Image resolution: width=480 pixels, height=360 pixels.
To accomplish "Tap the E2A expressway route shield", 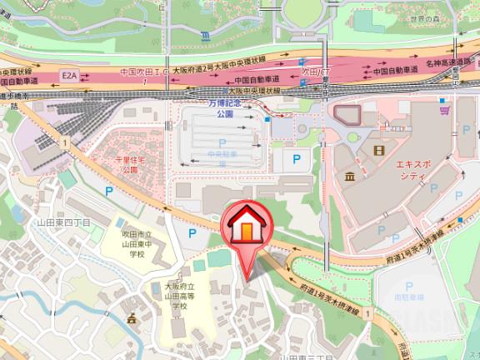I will pyautogui.click(x=70, y=75).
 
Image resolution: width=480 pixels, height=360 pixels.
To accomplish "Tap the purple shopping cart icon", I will pyautogui.click(x=446, y=108).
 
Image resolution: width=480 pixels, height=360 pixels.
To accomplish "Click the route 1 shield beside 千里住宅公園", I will pyautogui.click(x=63, y=143).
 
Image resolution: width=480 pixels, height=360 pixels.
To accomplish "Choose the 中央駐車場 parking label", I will pyautogui.click(x=222, y=154).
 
